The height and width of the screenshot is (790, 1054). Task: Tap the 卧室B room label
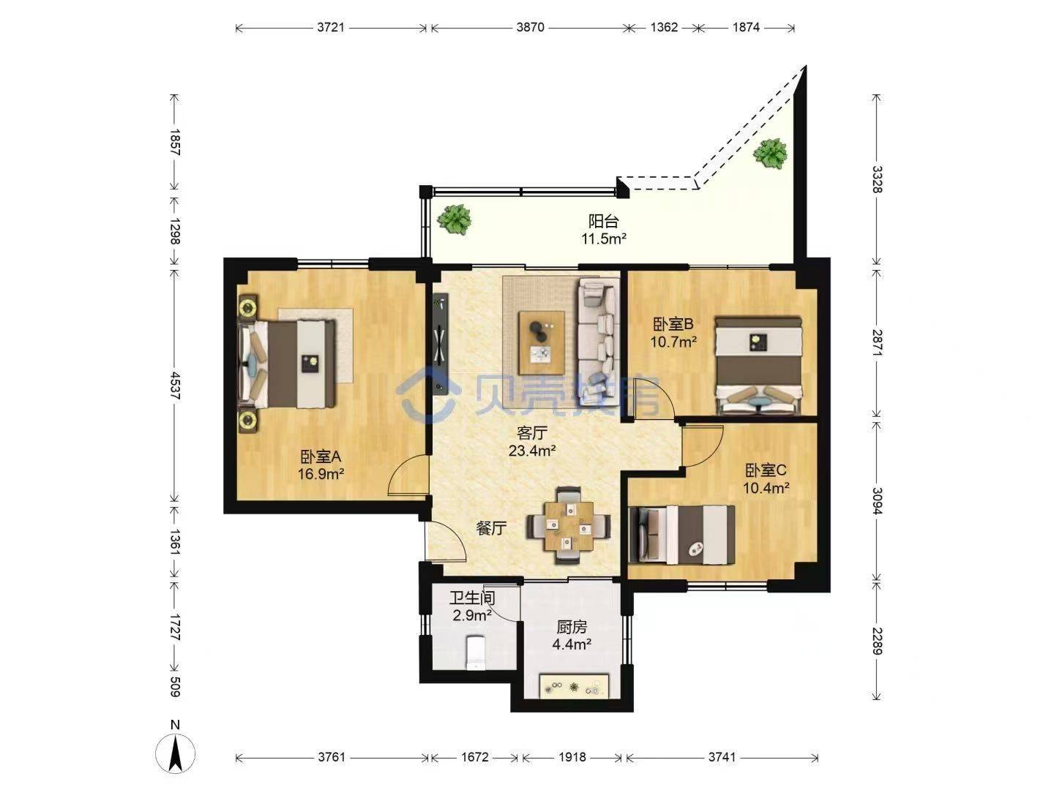point(673,325)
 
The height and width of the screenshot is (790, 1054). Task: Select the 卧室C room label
point(766,470)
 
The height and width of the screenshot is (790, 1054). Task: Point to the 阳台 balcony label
point(604,221)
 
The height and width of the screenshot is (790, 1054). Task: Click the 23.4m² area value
point(532,451)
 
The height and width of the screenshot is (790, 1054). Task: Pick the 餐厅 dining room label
point(491,529)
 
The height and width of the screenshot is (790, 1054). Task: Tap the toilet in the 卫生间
point(475,652)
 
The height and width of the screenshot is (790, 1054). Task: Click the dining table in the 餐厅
point(569,525)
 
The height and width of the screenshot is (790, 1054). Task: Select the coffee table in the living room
point(542,342)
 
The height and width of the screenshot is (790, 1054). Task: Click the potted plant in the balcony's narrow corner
point(770,153)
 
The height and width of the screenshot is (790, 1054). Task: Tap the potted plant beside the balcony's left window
point(454,219)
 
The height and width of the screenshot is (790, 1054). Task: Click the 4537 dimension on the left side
point(175,385)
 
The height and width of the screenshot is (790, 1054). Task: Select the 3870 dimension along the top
point(530,27)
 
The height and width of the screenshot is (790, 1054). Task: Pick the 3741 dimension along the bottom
point(722,757)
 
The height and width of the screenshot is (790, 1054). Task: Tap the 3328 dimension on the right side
point(877,179)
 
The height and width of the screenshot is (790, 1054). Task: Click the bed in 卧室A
point(287,364)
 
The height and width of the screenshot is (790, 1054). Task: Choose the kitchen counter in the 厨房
point(574,686)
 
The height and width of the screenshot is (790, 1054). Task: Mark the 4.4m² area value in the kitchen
point(572,644)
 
